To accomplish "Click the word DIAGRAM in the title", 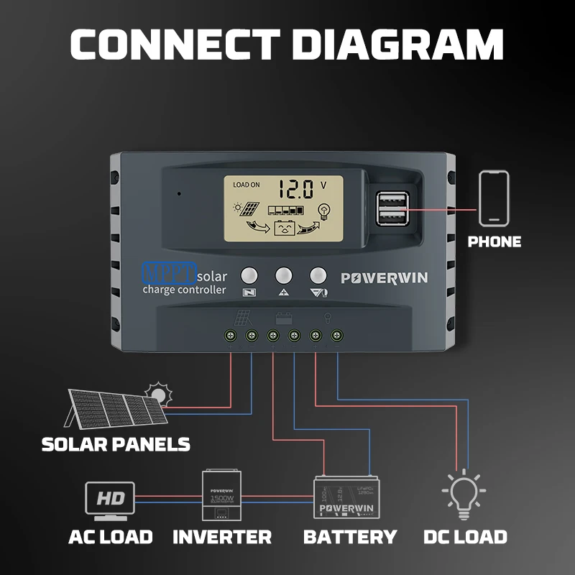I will (x=399, y=44).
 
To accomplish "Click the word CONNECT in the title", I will (x=176, y=44).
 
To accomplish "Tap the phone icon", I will (x=494, y=198).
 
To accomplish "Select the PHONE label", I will (x=494, y=241).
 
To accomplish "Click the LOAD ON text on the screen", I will (x=247, y=185).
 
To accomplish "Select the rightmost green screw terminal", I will (x=335, y=335).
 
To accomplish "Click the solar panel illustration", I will (x=119, y=407).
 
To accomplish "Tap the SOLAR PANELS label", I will (x=116, y=444).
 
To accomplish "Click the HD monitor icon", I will (x=109, y=498).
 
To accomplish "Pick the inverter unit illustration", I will (x=222, y=496).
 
